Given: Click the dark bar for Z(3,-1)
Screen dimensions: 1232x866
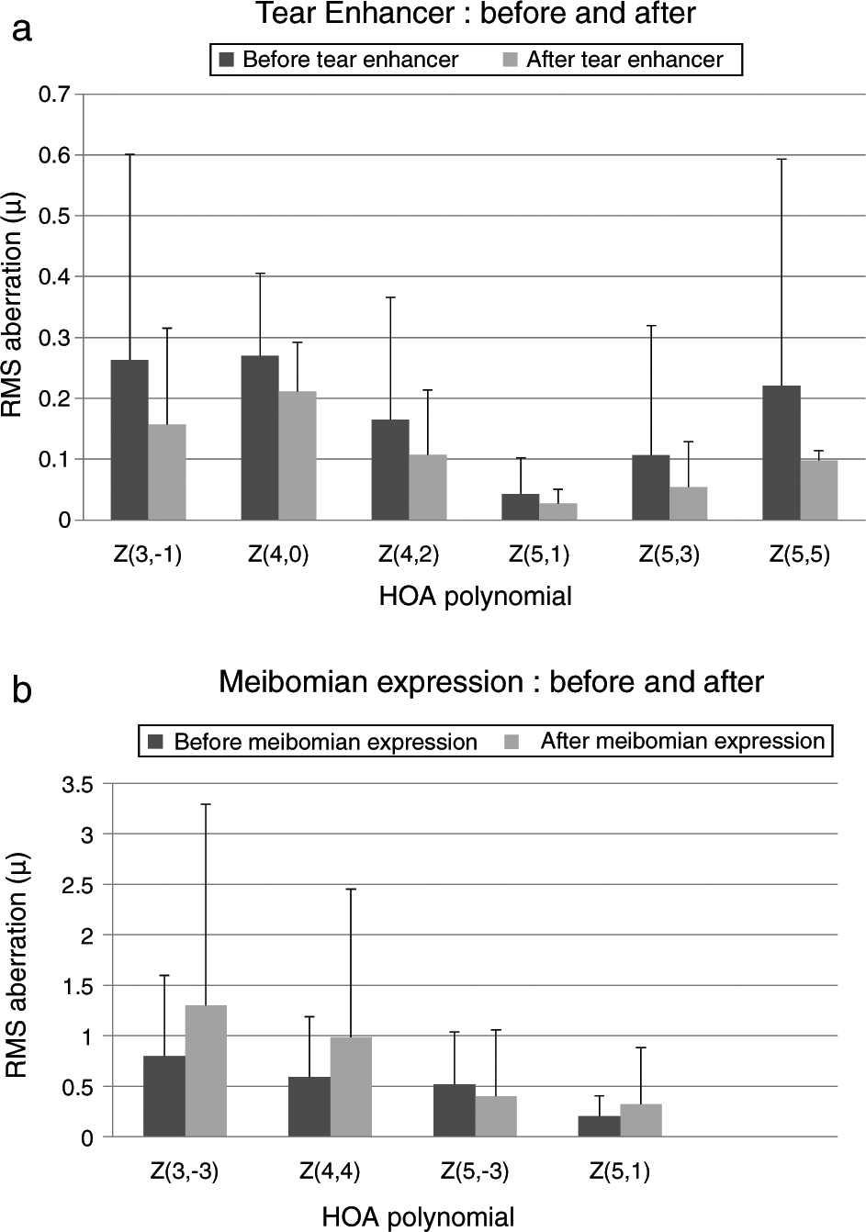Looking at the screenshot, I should pos(129,440).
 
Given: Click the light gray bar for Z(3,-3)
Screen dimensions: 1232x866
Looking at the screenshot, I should pos(206,1070).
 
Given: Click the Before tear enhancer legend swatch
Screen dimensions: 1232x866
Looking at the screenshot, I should pos(227,61).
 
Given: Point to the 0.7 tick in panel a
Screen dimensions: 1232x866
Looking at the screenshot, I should pos(54,95).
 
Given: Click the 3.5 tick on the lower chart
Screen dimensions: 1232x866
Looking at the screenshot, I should pos(76,784).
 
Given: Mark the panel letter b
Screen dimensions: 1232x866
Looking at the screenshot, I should pos(22,689).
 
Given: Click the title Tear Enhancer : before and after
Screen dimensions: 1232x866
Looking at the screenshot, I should pos(476,14).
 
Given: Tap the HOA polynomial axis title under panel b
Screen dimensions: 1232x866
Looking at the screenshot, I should pos(418,1217).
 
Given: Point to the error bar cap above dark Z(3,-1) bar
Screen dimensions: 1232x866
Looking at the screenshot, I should pos(129,154).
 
